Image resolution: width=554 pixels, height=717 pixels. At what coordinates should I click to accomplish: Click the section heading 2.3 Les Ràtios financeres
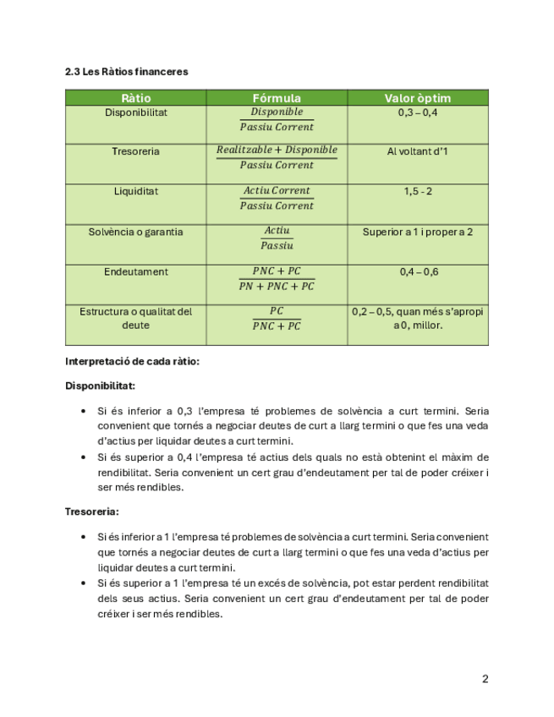coord(127,72)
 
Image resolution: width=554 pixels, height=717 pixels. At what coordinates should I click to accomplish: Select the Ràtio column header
coord(136,99)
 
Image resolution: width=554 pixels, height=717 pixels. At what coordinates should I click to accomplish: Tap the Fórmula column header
coord(277,99)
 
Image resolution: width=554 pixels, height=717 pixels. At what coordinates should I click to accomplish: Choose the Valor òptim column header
coord(417,99)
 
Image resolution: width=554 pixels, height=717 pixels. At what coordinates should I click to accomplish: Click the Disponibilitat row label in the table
coord(136,112)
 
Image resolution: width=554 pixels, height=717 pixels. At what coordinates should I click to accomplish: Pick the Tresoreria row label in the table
coord(136,151)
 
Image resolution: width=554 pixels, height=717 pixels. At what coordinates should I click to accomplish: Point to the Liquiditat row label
coord(136,191)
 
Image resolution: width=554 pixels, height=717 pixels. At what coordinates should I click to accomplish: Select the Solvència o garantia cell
coord(136,232)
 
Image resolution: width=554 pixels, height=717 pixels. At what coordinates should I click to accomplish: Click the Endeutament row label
coord(136,272)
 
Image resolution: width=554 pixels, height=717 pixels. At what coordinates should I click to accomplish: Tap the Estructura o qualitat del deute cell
coord(136,318)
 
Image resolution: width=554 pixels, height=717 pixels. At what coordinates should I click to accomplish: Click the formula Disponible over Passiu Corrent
coord(277,119)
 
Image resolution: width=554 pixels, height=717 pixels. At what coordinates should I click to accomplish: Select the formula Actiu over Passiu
coord(277,238)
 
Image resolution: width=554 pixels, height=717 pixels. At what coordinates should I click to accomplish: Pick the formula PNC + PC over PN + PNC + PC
coord(277,278)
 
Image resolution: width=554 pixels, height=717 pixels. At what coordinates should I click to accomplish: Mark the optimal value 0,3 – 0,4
coord(417,112)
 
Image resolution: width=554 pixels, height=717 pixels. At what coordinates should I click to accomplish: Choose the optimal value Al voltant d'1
coord(417,151)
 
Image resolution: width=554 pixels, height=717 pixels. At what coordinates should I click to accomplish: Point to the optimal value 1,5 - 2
coord(417,191)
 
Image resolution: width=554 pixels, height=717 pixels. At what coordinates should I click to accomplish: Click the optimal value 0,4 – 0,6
coord(417,272)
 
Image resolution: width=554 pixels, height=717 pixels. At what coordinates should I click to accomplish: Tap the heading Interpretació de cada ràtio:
coord(132,362)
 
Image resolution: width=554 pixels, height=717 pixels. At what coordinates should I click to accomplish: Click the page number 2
coord(485,678)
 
